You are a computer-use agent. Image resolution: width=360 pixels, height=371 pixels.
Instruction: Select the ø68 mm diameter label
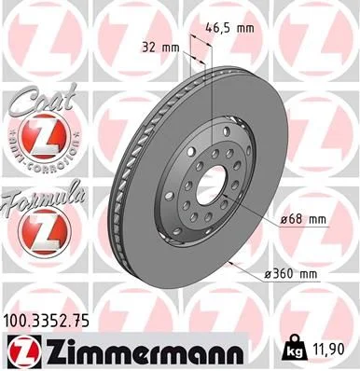pyautogui.click(x=304, y=220)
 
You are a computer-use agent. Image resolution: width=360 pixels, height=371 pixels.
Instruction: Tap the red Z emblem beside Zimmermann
pyautogui.click(x=21, y=350)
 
